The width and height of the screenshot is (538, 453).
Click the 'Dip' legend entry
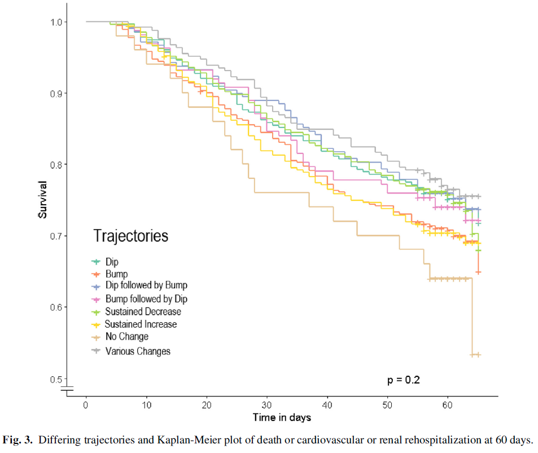(x=112, y=262)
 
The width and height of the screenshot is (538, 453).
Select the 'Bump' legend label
(x=116, y=274)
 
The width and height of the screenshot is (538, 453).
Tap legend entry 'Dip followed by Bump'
(x=146, y=285)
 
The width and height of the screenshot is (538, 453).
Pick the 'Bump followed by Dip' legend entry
(x=146, y=299)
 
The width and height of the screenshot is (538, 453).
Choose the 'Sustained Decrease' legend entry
(x=143, y=311)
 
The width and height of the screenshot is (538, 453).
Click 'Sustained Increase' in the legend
(x=141, y=324)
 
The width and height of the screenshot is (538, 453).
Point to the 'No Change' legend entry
(x=127, y=337)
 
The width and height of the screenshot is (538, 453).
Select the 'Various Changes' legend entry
(x=138, y=351)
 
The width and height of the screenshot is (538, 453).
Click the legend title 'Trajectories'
(x=130, y=235)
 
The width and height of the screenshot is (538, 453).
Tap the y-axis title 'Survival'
(x=43, y=200)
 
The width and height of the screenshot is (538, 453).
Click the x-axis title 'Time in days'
(x=281, y=418)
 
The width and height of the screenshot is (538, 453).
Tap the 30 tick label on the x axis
(x=267, y=405)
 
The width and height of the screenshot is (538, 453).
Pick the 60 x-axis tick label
(x=448, y=405)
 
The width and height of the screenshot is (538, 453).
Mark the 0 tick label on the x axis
(x=86, y=405)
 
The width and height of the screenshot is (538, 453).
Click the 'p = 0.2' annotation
(x=403, y=380)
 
